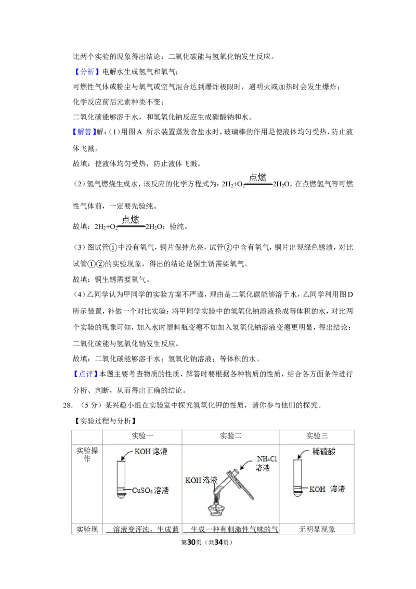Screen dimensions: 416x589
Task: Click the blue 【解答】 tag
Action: [x=84, y=132]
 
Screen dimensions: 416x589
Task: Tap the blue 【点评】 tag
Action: [x=85, y=374]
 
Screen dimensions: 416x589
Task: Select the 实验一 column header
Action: [x=142, y=436]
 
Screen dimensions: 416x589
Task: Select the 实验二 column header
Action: [x=230, y=436]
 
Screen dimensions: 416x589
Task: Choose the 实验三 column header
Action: [x=317, y=436]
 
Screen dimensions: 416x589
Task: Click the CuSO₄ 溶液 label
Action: [x=150, y=490]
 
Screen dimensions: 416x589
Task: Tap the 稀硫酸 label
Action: [x=324, y=452]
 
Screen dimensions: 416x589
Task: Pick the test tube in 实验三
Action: [x=298, y=478]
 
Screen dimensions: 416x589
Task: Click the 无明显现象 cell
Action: [x=317, y=529]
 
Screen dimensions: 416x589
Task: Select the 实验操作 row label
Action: [x=87, y=455]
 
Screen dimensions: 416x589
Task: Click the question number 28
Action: [x=67, y=405]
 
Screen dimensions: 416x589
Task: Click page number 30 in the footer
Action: [x=191, y=542]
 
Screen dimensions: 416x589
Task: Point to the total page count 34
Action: [x=218, y=542]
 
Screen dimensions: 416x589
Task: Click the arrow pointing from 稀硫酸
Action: [x=304, y=454]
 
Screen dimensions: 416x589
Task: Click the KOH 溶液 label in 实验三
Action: [x=327, y=489]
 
